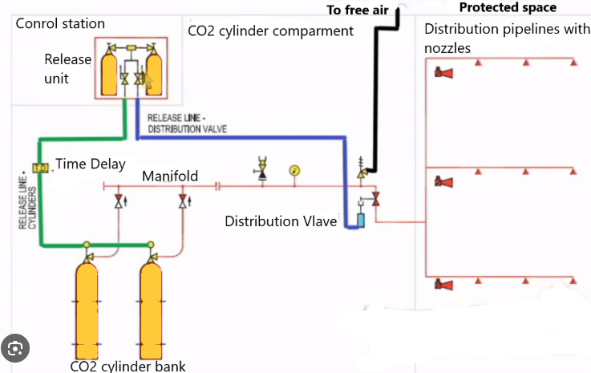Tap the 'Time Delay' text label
[91, 164]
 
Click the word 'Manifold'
[169, 176]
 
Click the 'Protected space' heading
[508, 8]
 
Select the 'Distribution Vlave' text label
[281, 221]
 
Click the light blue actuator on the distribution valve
[359, 217]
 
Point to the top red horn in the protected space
[443, 74]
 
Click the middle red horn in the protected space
[443, 182]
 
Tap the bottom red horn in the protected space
[443, 285]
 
